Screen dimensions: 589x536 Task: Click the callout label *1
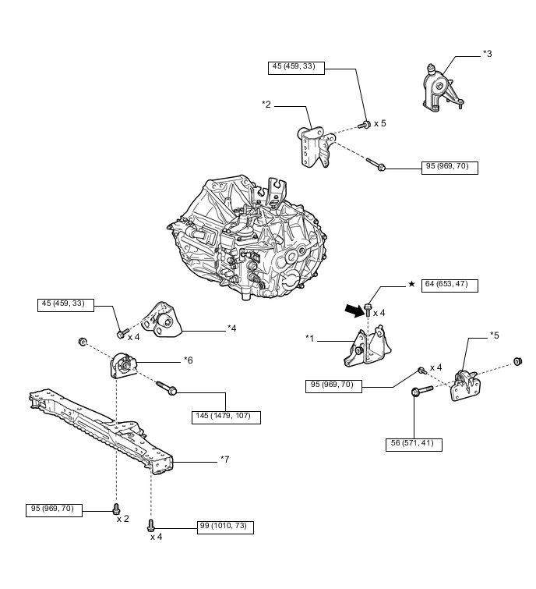tap(310, 339)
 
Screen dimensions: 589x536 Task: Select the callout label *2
tap(266, 104)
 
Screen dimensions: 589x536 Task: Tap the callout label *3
tap(487, 54)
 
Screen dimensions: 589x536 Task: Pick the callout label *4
tap(231, 328)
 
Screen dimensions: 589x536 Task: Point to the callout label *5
tap(494, 335)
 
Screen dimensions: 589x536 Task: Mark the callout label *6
tap(188, 360)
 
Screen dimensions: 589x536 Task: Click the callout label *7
tap(224, 459)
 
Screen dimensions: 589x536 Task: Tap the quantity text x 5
tap(379, 123)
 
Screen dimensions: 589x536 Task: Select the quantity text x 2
tap(122, 519)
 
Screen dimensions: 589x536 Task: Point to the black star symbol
tap(411, 284)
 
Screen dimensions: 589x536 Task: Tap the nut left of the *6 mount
tap(82, 341)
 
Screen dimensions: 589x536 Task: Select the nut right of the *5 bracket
tap(517, 361)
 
